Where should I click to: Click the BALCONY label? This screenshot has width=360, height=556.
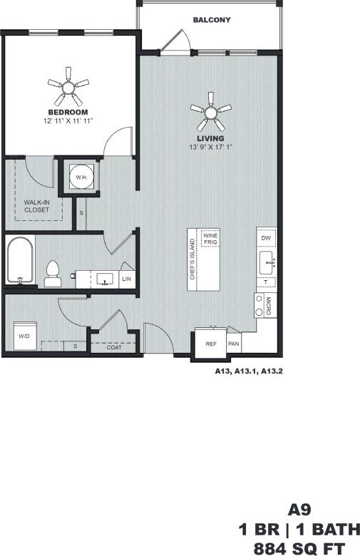[212, 20]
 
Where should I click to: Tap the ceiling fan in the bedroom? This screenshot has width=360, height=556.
[68, 89]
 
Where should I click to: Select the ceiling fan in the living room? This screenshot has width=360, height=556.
[211, 110]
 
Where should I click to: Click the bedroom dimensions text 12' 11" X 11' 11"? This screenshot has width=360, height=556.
[68, 121]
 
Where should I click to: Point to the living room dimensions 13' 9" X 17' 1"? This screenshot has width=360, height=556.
[211, 147]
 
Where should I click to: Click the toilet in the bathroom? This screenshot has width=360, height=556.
[52, 274]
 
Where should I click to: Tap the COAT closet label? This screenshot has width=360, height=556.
[114, 347]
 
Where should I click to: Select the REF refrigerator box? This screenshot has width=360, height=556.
[211, 344]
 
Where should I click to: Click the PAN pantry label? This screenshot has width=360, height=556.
[233, 344]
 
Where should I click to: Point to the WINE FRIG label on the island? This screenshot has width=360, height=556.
[211, 239]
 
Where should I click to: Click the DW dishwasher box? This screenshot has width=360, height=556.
[266, 237]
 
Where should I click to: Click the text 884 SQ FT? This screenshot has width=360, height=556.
[299, 547]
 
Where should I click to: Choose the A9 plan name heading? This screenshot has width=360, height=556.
[299, 510]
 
